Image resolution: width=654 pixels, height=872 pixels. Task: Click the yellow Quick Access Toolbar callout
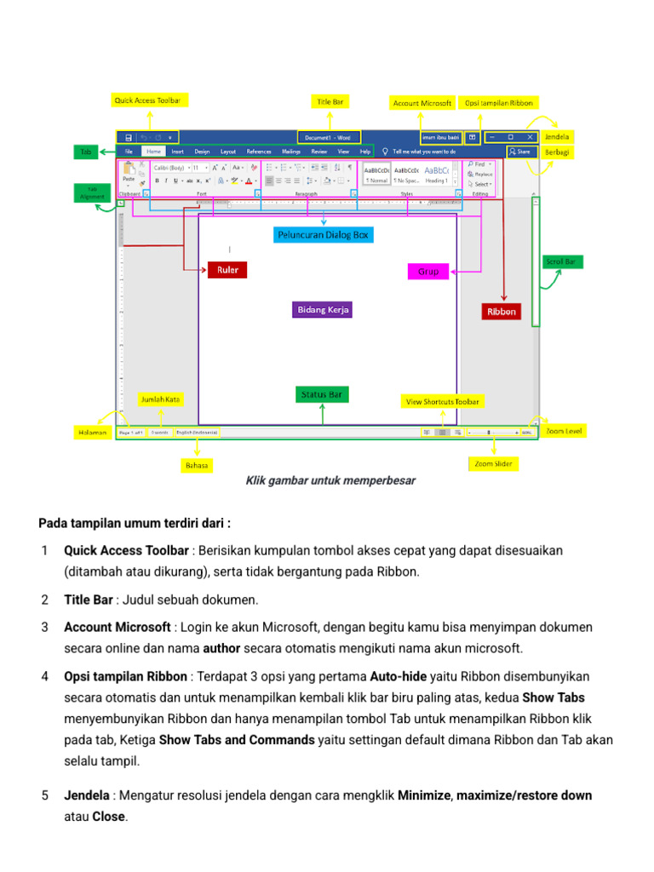(147, 100)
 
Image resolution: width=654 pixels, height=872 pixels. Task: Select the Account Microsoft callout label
(422, 103)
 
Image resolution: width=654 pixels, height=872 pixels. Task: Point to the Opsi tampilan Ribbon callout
(499, 103)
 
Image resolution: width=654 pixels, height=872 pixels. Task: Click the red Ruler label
(227, 270)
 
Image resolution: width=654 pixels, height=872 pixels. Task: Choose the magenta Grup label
(429, 272)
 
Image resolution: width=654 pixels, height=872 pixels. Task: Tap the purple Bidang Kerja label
(323, 310)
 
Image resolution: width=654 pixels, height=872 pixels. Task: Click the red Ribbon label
(502, 313)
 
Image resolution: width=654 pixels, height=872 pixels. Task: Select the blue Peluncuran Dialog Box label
(324, 234)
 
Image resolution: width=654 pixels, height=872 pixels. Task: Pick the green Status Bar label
(322, 394)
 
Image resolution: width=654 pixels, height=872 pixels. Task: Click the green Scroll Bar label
(561, 262)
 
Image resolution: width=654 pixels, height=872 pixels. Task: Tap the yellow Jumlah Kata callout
(160, 399)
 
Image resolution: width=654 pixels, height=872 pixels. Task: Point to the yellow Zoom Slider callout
(493, 464)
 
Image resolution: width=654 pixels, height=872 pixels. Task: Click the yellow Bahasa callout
(197, 465)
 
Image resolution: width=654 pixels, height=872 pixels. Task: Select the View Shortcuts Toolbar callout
(442, 401)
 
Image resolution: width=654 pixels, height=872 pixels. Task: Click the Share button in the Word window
(519, 152)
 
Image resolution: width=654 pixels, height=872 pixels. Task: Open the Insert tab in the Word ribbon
(177, 152)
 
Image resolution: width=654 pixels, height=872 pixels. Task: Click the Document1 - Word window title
(327, 136)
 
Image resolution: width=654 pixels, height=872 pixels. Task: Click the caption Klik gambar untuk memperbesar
(330, 481)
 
